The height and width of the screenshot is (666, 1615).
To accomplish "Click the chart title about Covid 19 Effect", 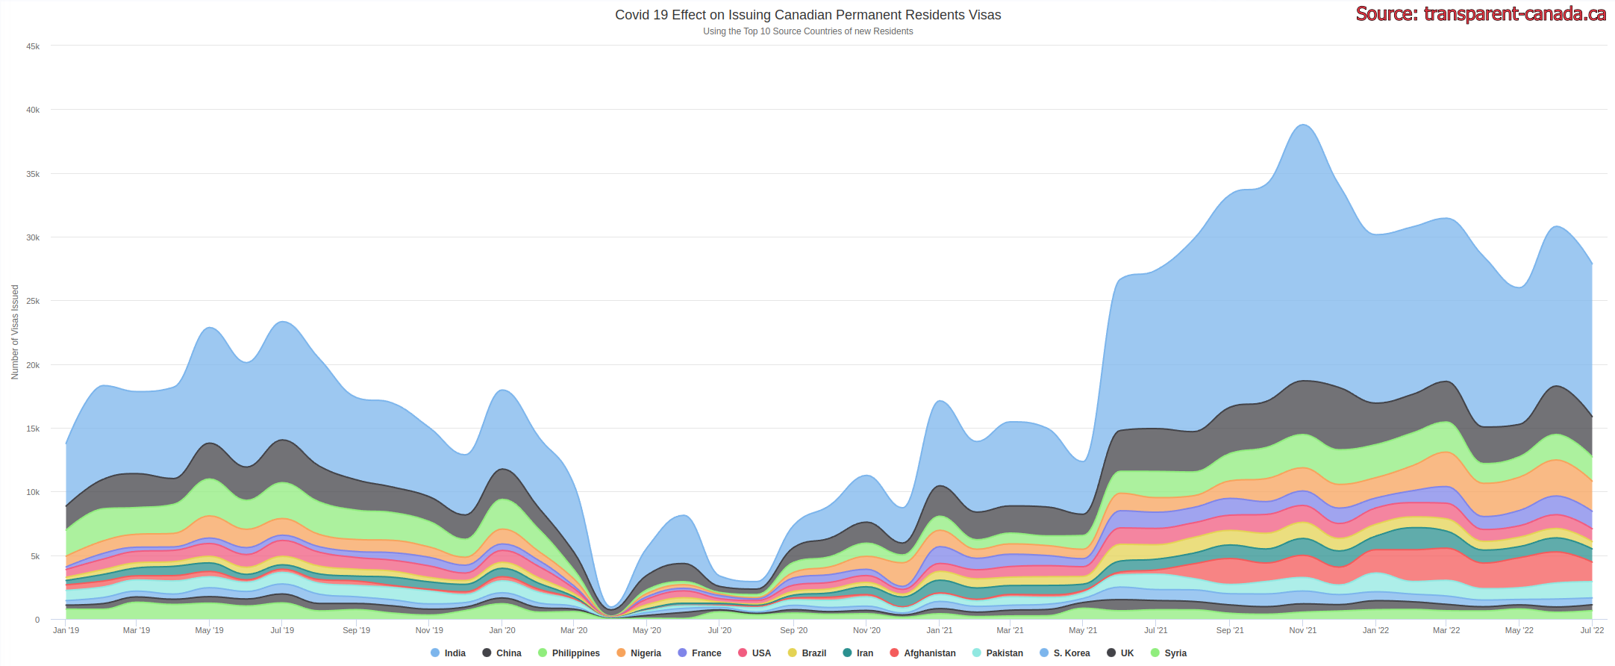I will [x=807, y=15].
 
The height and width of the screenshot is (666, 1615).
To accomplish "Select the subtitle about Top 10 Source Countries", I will [x=807, y=31].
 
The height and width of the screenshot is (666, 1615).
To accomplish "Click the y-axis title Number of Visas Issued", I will [x=15, y=332].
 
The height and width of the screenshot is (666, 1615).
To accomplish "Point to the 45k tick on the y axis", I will [x=33, y=46].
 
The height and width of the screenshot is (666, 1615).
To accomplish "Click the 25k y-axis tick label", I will [x=33, y=302].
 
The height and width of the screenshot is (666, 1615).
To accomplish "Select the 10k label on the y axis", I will [x=33, y=493].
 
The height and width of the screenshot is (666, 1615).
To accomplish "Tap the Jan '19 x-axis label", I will [x=66, y=631].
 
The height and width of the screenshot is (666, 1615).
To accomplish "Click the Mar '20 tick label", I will [x=574, y=631].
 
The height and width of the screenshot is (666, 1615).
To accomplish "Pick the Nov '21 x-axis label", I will [x=1302, y=631].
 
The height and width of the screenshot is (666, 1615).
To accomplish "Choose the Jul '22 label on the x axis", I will [x=1592, y=631].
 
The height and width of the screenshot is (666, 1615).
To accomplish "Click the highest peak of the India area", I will [x=1303, y=125].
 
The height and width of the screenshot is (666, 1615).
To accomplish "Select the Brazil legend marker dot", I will [x=793, y=653].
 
